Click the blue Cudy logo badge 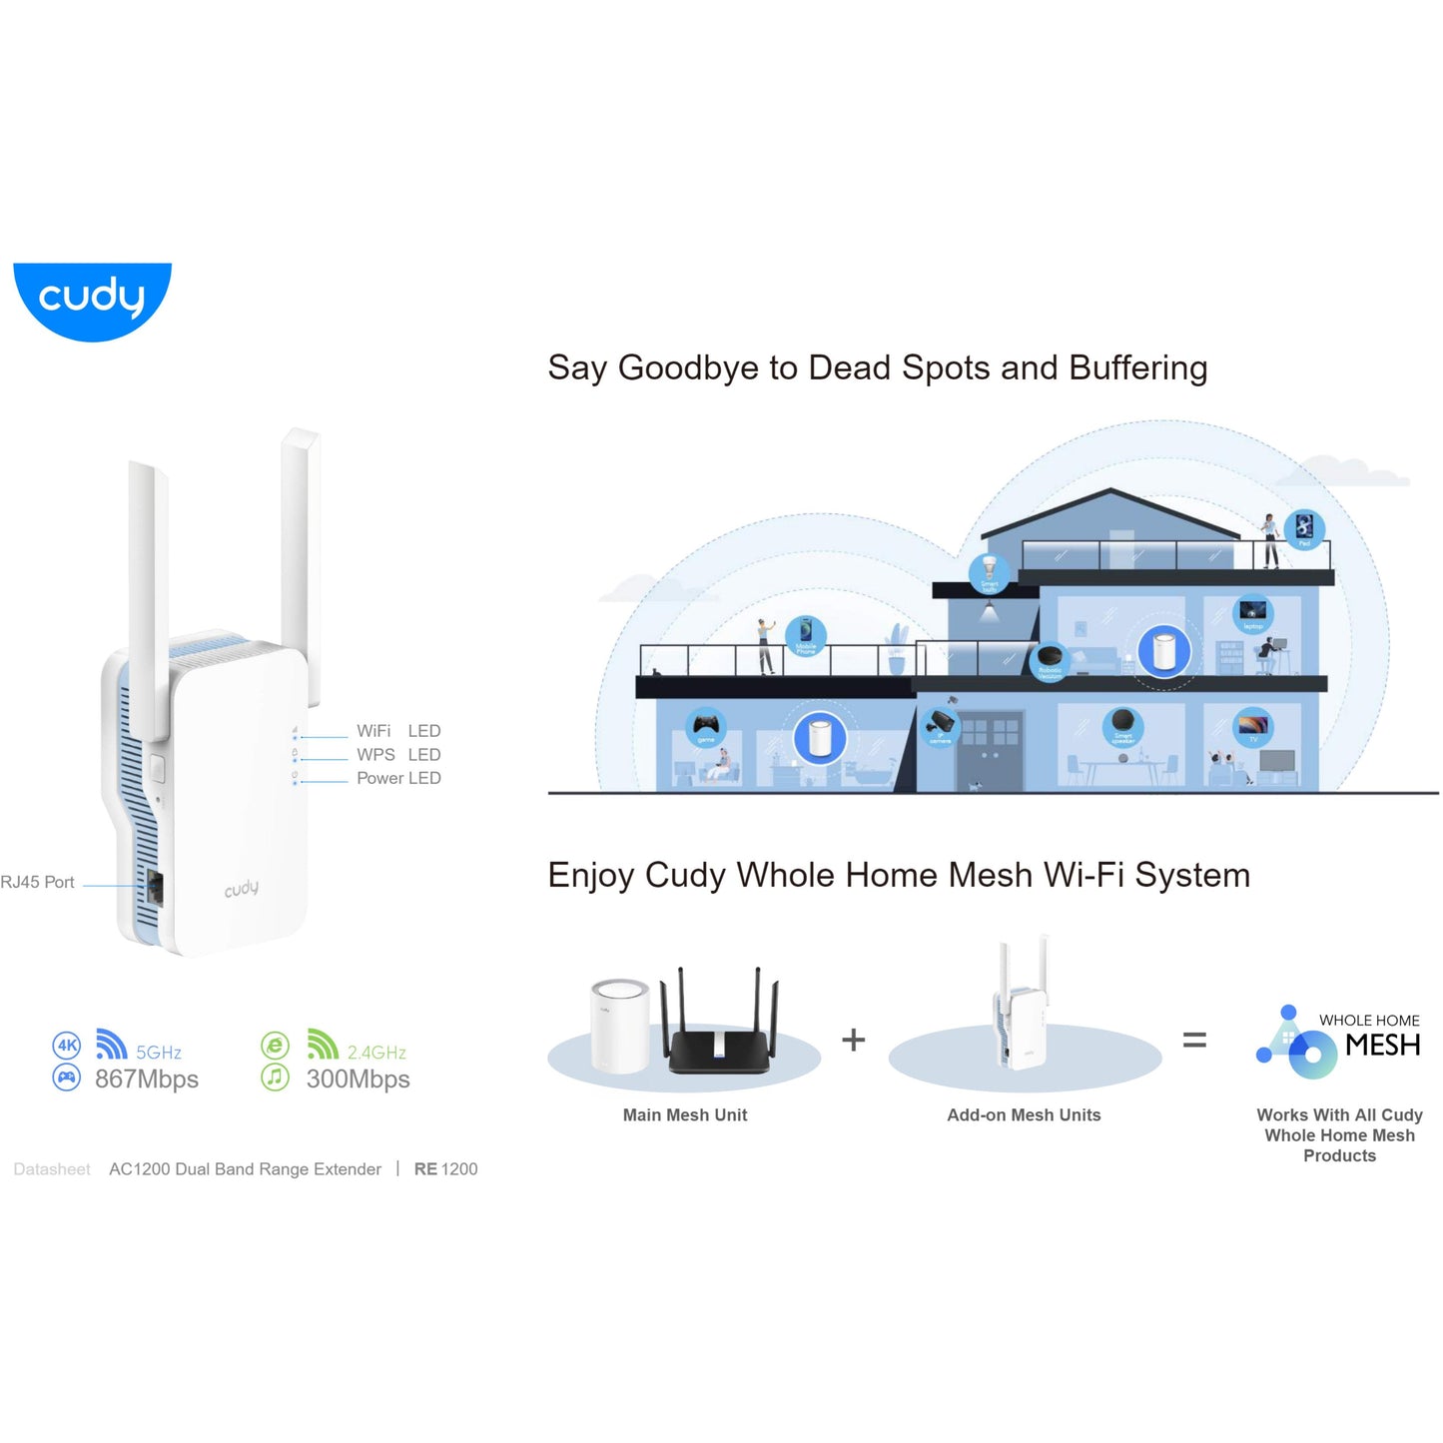pyautogui.click(x=92, y=299)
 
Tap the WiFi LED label pyautogui.click(x=397, y=731)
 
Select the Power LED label pyautogui.click(x=397, y=778)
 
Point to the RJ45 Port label pyautogui.click(x=38, y=883)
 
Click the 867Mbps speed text pyautogui.click(x=147, y=1080)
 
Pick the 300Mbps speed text pyautogui.click(x=358, y=1080)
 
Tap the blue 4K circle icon pyautogui.click(x=66, y=1046)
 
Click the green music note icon pyautogui.click(x=275, y=1078)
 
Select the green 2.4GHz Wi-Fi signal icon pyautogui.click(x=322, y=1045)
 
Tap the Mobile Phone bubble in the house pyautogui.click(x=805, y=636)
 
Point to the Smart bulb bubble pyautogui.click(x=989, y=573)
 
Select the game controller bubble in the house pyautogui.click(x=706, y=727)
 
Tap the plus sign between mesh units pyautogui.click(x=853, y=1041)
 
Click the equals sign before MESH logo pyautogui.click(x=1194, y=1041)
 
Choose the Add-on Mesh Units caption pyautogui.click(x=1024, y=1115)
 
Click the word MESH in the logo pyautogui.click(x=1382, y=1046)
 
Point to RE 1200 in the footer pyautogui.click(x=445, y=1169)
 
